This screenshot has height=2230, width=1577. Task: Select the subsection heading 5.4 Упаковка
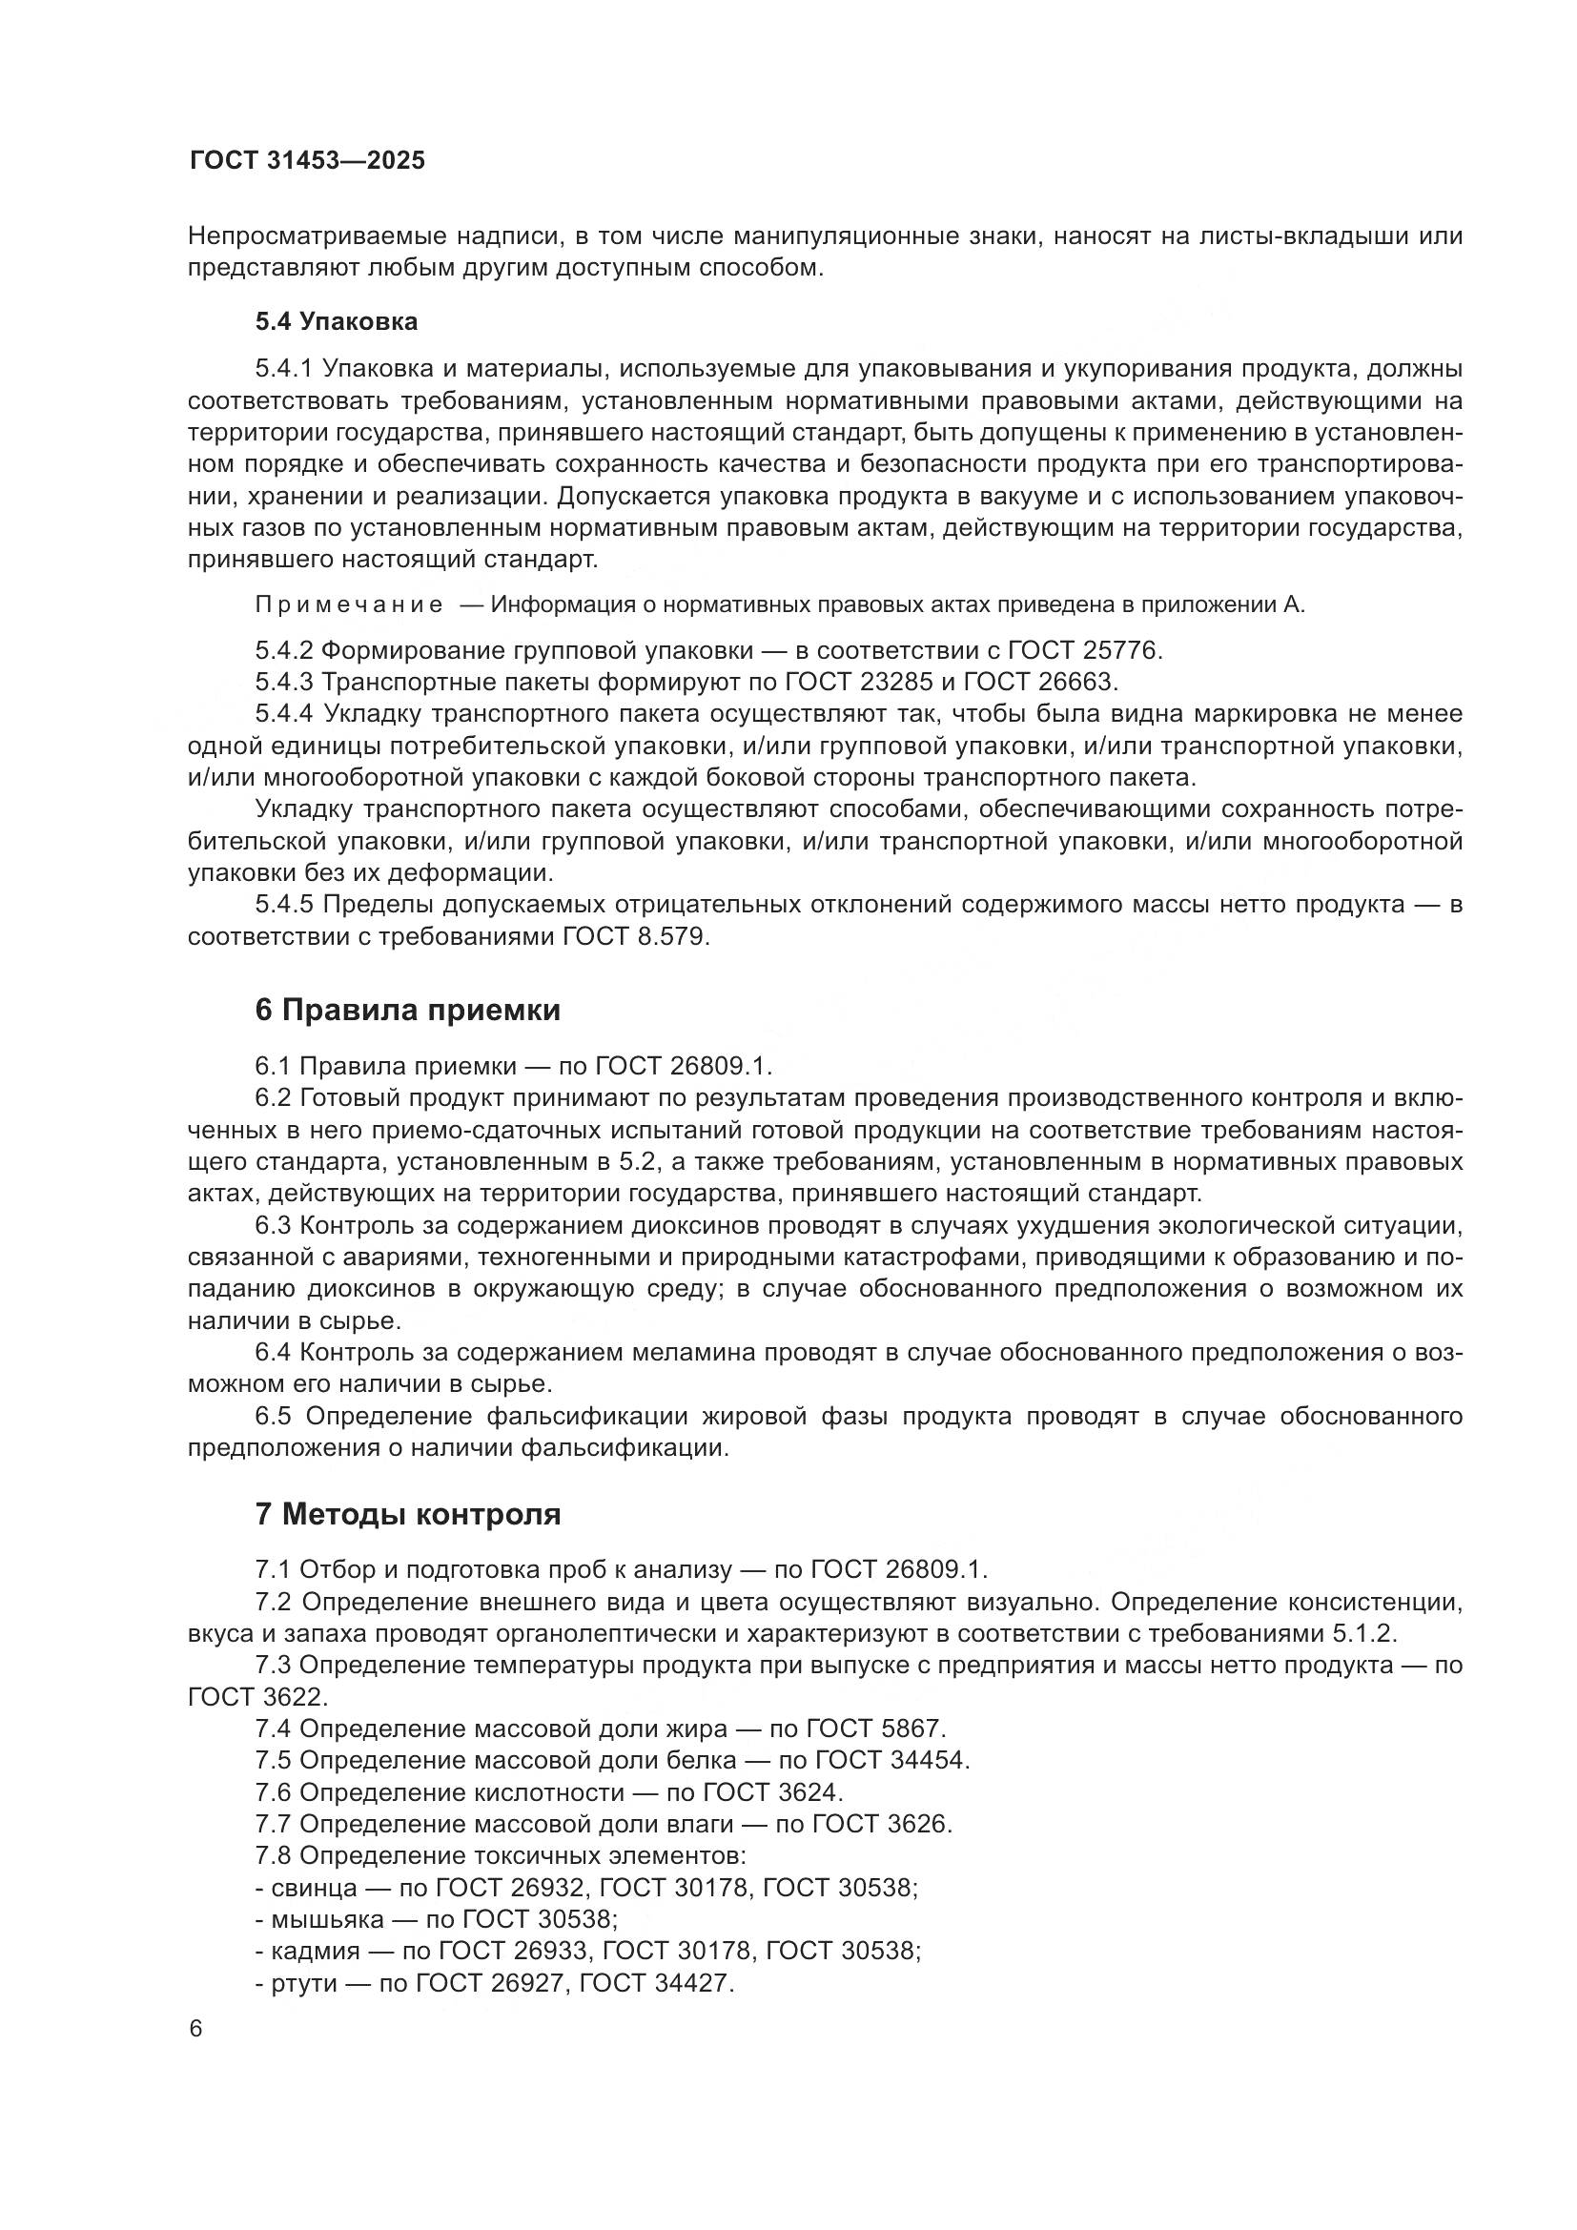tap(336, 321)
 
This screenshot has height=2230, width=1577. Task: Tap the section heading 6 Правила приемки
tap(408, 1010)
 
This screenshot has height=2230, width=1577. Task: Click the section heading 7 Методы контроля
tap(408, 1514)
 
